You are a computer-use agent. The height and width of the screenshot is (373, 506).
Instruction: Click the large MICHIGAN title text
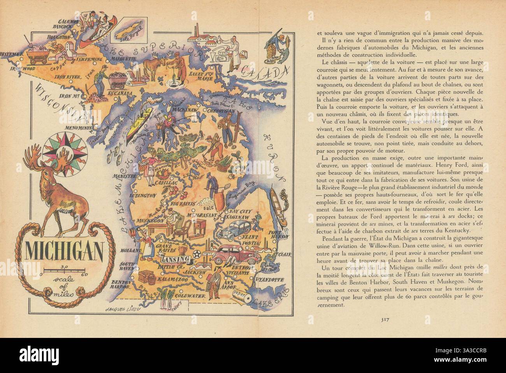pyautogui.click(x=65, y=251)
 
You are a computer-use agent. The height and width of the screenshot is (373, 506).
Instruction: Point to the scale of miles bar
pyautogui.click(x=63, y=270)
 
